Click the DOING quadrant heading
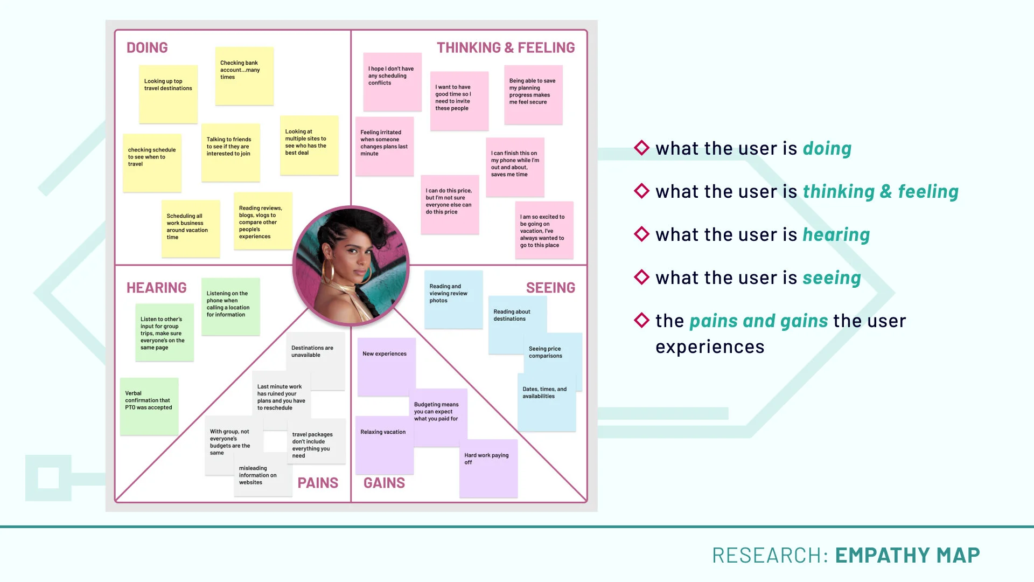(x=147, y=47)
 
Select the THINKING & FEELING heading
(x=506, y=47)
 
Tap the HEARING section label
(x=157, y=288)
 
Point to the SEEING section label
(x=550, y=288)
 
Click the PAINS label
(x=318, y=483)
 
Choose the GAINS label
(x=384, y=483)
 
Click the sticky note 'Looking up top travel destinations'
(x=168, y=94)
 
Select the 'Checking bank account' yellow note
(x=244, y=76)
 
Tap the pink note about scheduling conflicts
(x=392, y=82)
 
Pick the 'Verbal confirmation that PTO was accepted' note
(x=149, y=406)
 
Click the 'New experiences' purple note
(x=387, y=367)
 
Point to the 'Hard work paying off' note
(x=488, y=468)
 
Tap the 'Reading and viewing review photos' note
(x=453, y=300)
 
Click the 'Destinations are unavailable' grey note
(x=316, y=361)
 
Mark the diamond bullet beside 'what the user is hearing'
(x=641, y=234)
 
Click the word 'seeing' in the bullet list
(x=832, y=278)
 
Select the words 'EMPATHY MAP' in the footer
(x=907, y=555)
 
